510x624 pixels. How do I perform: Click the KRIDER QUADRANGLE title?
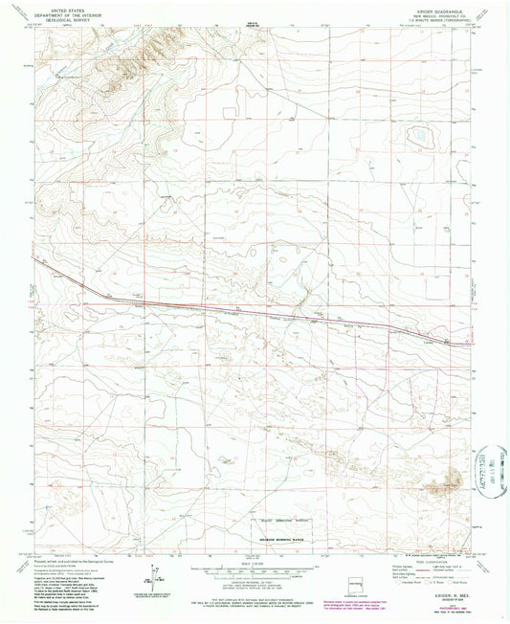click(446, 9)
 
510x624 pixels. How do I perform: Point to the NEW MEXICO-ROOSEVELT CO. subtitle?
click(446, 13)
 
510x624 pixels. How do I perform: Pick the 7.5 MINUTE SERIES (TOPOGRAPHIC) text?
click(446, 19)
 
